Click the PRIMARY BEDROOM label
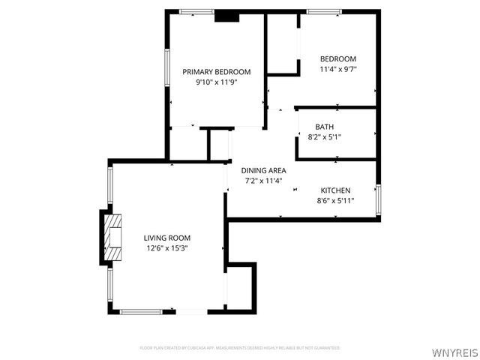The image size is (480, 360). [x=216, y=72]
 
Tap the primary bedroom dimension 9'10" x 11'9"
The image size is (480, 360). [x=216, y=83]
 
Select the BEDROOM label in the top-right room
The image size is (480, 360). [x=337, y=59]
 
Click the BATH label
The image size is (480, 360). [x=325, y=127]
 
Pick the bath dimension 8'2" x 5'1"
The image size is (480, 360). [x=325, y=137]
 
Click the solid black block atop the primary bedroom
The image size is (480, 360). [x=226, y=16]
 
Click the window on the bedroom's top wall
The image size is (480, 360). [x=325, y=11]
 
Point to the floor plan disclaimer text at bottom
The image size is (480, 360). [x=240, y=348]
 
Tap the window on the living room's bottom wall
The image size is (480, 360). [x=142, y=310]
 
